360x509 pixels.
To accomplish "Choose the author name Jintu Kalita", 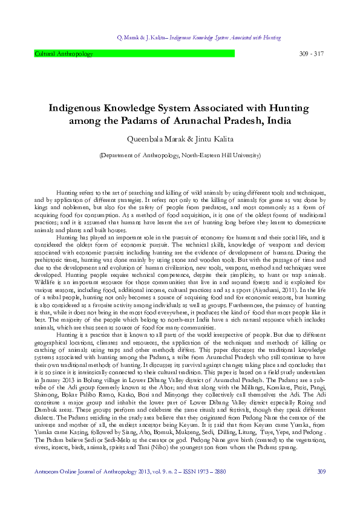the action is [x=215, y=140].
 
